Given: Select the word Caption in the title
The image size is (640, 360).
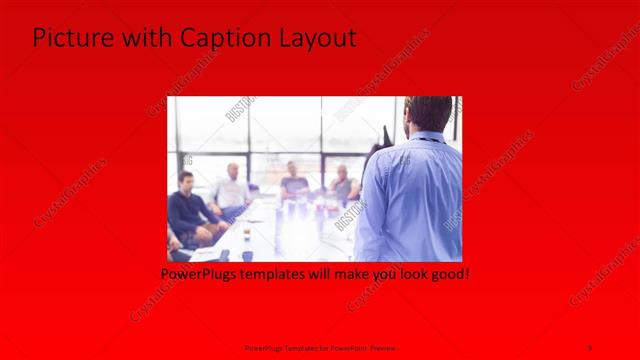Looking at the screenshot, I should click(x=225, y=39).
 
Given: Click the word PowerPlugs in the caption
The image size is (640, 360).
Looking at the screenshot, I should click(x=198, y=272).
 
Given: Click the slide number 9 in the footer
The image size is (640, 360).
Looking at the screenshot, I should click(x=590, y=347).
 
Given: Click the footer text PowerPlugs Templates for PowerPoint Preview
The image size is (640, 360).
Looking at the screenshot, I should click(x=319, y=347).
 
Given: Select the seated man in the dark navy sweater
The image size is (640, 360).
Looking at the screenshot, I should click(x=187, y=209).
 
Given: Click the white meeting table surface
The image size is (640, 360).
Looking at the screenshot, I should click(x=290, y=230).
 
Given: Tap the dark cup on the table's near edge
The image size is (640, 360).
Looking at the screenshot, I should click(x=247, y=255).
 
